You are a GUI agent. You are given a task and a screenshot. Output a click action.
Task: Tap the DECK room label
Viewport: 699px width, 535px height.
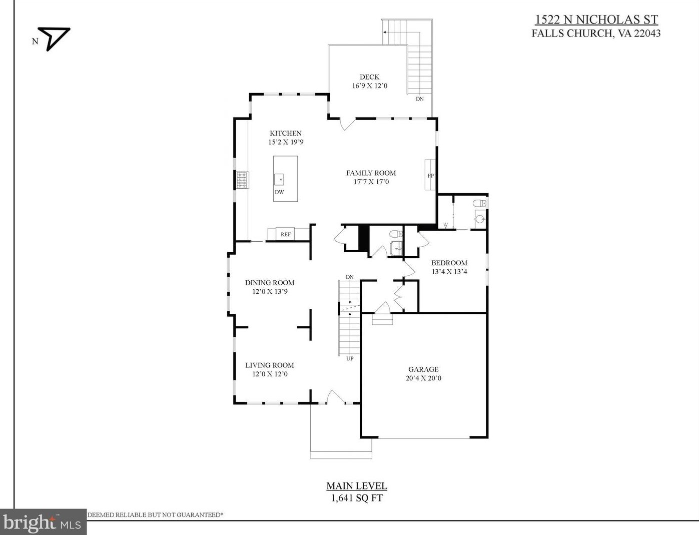click(x=369, y=77)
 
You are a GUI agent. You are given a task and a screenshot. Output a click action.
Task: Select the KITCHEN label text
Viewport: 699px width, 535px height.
click(x=286, y=133)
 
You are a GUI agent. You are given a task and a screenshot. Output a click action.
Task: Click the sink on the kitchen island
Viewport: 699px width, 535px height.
click(x=279, y=179)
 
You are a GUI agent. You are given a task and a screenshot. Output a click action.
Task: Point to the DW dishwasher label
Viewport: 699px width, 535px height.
click(x=279, y=192)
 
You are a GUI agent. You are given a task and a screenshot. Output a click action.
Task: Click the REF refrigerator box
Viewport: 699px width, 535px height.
click(x=286, y=234)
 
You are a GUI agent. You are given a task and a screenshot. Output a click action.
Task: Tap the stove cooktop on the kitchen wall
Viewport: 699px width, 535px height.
click(x=242, y=180)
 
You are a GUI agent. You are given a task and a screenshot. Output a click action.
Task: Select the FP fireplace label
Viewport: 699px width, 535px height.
click(x=430, y=176)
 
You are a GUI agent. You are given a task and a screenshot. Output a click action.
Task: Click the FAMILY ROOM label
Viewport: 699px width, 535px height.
click(x=371, y=173)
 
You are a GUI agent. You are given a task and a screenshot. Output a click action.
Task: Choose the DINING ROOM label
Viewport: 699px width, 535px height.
click(x=270, y=282)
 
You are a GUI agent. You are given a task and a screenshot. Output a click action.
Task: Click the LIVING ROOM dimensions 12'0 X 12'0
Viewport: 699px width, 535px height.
click(x=270, y=374)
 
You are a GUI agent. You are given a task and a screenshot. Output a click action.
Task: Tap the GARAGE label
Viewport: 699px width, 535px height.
click(x=423, y=369)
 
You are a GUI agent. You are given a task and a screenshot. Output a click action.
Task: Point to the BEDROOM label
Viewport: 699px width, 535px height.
click(x=449, y=263)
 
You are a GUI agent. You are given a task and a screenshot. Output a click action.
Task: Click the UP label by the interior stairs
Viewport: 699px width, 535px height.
click(x=350, y=358)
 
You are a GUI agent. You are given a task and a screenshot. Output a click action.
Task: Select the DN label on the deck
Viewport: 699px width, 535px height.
click(x=420, y=99)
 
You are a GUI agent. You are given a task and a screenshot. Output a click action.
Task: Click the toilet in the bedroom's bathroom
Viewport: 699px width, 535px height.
click(x=479, y=203)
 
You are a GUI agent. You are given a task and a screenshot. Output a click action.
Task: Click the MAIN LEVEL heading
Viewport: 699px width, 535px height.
click(x=357, y=485)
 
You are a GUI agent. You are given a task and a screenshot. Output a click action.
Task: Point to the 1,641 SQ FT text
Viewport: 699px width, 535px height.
click(x=357, y=498)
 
